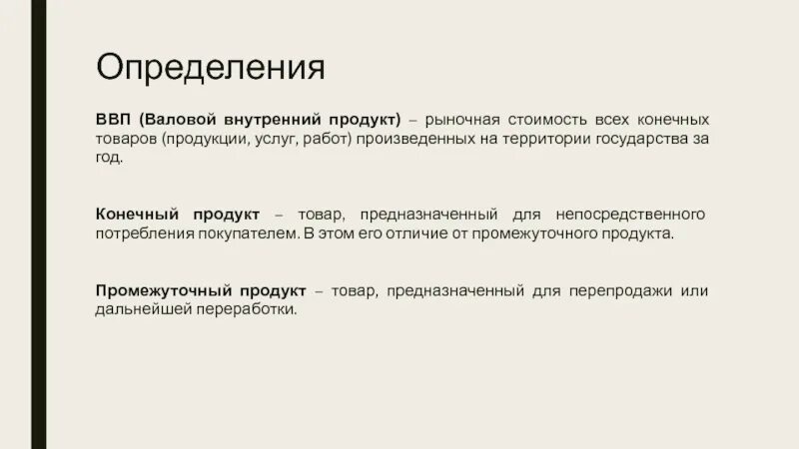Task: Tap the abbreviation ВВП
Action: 113,120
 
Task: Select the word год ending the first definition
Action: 109,158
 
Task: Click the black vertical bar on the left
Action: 38,224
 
